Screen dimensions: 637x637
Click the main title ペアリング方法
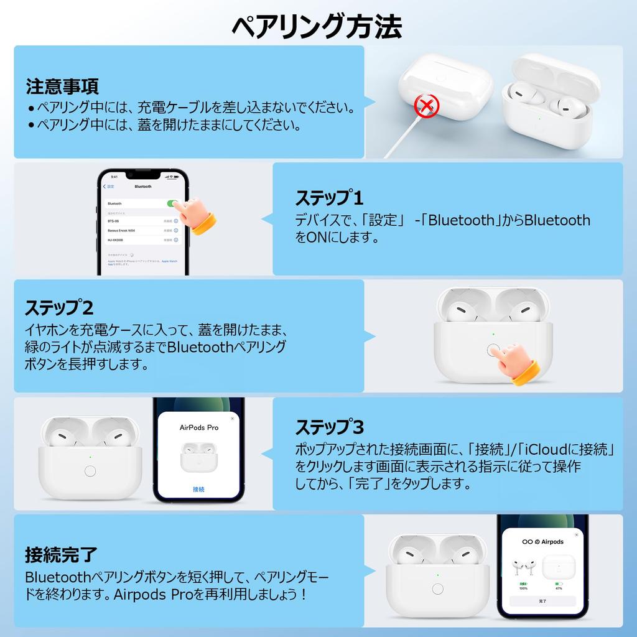[x=317, y=26]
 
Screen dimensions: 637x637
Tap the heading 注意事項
[x=62, y=86]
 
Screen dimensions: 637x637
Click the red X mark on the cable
[x=426, y=106]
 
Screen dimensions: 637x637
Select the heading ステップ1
[x=328, y=198]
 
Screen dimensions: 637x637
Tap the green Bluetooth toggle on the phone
[x=172, y=203]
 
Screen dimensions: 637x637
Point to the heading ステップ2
[x=59, y=307]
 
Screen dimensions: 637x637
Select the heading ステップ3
[x=329, y=427]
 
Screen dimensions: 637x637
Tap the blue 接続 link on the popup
[x=198, y=490]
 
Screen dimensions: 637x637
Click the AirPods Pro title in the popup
[x=199, y=428]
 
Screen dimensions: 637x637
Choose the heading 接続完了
[x=62, y=554]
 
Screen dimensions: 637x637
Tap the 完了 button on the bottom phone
[x=542, y=602]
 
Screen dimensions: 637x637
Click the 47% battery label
[x=559, y=588]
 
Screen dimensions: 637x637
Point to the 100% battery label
[x=523, y=588]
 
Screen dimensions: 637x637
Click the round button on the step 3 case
[x=90, y=471]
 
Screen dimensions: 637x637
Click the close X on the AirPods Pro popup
[x=233, y=419]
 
